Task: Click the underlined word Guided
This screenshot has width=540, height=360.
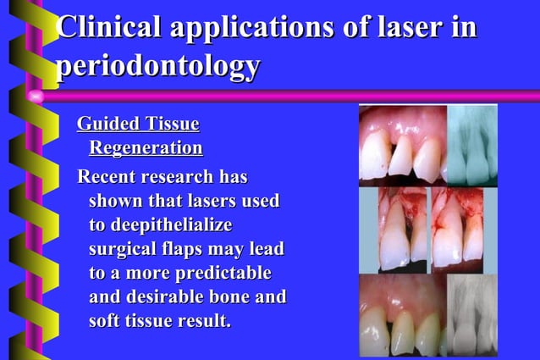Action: pyautogui.click(x=110, y=125)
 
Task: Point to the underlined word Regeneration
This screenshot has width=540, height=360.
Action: pyautogui.click(x=146, y=149)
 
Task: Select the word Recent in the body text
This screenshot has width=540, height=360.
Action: pyautogui.click(x=107, y=178)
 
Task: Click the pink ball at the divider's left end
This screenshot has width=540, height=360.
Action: pyautogui.click(x=35, y=96)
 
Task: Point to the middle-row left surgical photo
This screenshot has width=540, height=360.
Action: pyautogui.click(x=392, y=229)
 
